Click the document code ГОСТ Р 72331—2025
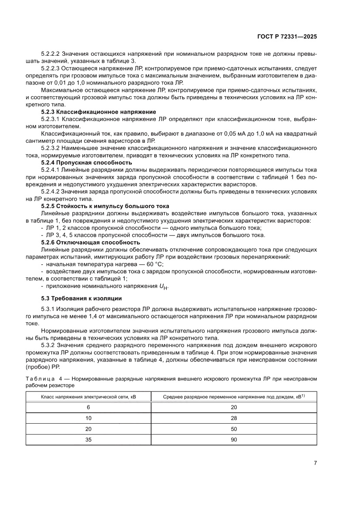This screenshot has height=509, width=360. pos(286,37)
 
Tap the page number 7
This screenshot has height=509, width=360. pos(315,463)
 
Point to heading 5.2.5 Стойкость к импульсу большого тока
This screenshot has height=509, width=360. pos(105,206)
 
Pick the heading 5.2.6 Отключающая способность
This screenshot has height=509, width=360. pos(90,242)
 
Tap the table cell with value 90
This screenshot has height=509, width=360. pos(234,440)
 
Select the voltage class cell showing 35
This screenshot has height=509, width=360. pos(88,440)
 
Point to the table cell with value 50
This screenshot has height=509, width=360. pos(234,429)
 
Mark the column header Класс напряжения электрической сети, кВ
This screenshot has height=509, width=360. pos(88,397)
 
